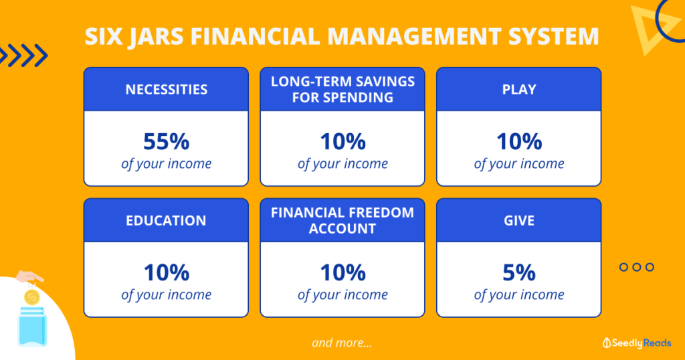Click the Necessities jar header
tap(166, 89)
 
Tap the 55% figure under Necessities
tap(166, 142)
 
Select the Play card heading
tap(519, 89)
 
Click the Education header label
tap(166, 220)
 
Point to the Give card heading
tap(519, 220)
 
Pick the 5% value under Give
tap(519, 273)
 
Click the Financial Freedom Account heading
tap(342, 220)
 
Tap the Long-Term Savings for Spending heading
tap(342, 89)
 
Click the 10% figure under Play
tap(519, 142)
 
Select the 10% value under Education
tap(166, 273)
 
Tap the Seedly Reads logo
tap(638, 342)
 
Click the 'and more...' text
tap(342, 343)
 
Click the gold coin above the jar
tap(31, 295)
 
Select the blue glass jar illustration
tap(31, 327)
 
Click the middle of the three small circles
tap(636, 267)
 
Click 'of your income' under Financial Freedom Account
tap(342, 295)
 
